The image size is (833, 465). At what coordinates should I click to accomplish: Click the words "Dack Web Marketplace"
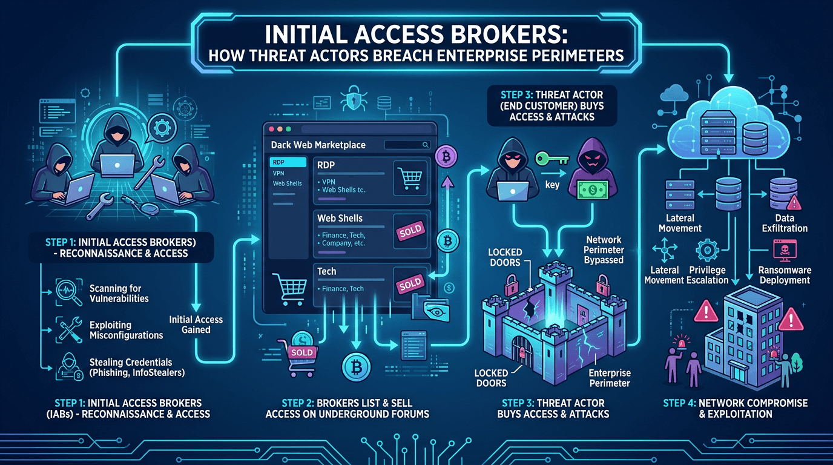pyautogui.click(x=318, y=146)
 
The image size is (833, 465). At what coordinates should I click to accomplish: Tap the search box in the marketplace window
pyautogui.click(x=407, y=145)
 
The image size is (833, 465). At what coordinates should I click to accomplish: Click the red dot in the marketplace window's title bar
pyautogui.click(x=271, y=130)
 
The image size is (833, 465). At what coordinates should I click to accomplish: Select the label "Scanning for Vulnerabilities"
pyautogui.click(x=119, y=293)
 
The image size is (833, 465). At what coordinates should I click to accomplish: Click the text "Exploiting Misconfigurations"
pyautogui.click(x=126, y=330)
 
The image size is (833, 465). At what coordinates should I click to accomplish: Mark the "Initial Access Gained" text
pyautogui.click(x=195, y=325)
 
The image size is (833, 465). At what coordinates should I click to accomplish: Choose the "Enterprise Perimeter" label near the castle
pyautogui.click(x=609, y=378)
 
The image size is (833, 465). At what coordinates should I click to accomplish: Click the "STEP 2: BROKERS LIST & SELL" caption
pyautogui.click(x=347, y=403)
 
